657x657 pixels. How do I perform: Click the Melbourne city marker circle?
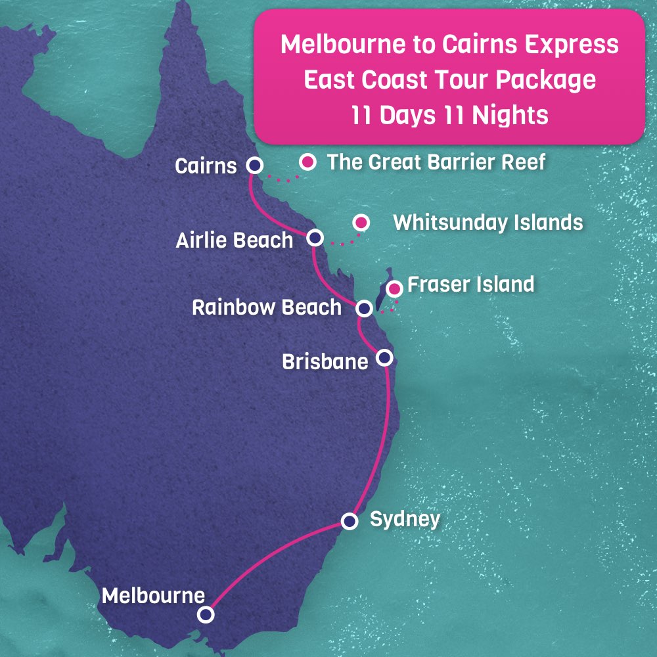coord(206,614)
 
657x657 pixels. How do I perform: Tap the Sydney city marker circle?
coord(350,521)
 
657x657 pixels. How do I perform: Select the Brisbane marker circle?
coord(385,357)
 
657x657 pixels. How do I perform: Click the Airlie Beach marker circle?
coord(315,238)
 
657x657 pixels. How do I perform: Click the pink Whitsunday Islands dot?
coord(360,223)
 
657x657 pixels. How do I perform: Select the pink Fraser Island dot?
coord(394,288)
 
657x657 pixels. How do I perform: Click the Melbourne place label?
coord(153,596)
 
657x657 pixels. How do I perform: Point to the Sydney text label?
coord(405,519)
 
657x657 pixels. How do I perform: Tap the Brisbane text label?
coord(325,361)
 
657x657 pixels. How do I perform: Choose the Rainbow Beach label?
coord(267,307)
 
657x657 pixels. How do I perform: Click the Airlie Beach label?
coord(234,240)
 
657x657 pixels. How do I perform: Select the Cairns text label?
coord(206,166)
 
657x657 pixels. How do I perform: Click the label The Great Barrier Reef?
coord(436,162)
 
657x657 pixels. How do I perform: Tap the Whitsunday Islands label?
coord(487,223)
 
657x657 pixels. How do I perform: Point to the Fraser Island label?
coord(470,285)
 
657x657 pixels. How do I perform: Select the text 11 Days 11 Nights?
coord(449,115)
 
